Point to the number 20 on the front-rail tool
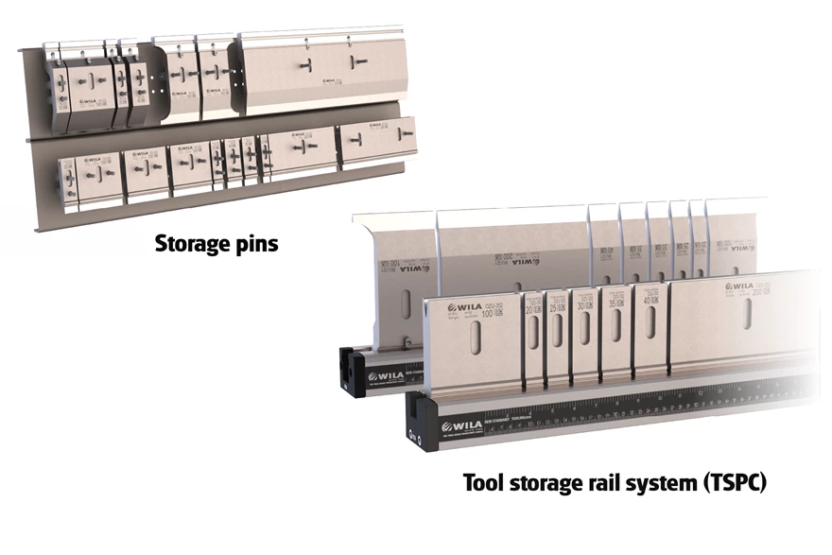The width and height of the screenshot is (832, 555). click(x=529, y=310)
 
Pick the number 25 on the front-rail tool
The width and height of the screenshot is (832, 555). click(x=554, y=309)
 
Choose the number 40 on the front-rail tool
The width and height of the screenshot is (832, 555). click(x=648, y=301)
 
